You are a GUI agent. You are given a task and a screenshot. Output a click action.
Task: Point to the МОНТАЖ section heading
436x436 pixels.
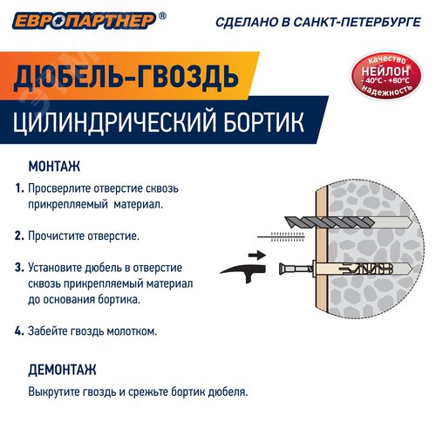tap(54, 166)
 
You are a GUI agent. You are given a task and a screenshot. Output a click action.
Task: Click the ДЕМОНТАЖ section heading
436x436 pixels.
tap(62, 369)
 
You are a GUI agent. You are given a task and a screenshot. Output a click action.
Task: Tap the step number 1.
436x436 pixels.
tap(18, 188)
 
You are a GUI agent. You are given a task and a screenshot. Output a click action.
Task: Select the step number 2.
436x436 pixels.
tap(18, 235)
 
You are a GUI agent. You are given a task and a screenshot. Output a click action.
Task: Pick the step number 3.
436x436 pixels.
tap(18, 267)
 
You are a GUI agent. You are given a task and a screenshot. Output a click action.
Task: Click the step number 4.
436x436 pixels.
tap(18, 330)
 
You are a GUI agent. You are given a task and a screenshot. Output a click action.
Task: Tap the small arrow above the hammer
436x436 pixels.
tap(255, 255)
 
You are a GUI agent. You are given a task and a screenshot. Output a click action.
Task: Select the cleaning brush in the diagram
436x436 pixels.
tap(289, 236)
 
